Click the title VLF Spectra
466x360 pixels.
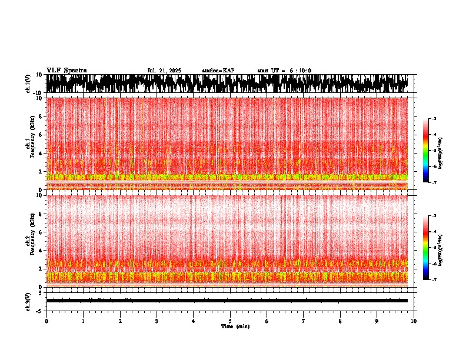pyautogui.click(x=66, y=71)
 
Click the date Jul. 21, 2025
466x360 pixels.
pyautogui.click(x=164, y=71)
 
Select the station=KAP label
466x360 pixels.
pyautogui.click(x=218, y=71)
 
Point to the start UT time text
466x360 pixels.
pyautogui.click(x=284, y=71)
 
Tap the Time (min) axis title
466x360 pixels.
pyautogui.click(x=235, y=326)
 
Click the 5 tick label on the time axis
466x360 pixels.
pyautogui.click(x=230, y=321)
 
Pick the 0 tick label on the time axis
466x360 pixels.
pyautogui.click(x=46, y=321)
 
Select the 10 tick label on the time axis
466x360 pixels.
pyautogui.click(x=414, y=321)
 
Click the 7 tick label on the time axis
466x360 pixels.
pyautogui.click(x=304, y=321)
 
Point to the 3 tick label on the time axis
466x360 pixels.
pyautogui.click(x=157, y=321)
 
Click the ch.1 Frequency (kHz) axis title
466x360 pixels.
pyautogui.click(x=31, y=144)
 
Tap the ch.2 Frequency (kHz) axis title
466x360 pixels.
pyautogui.click(x=31, y=241)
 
